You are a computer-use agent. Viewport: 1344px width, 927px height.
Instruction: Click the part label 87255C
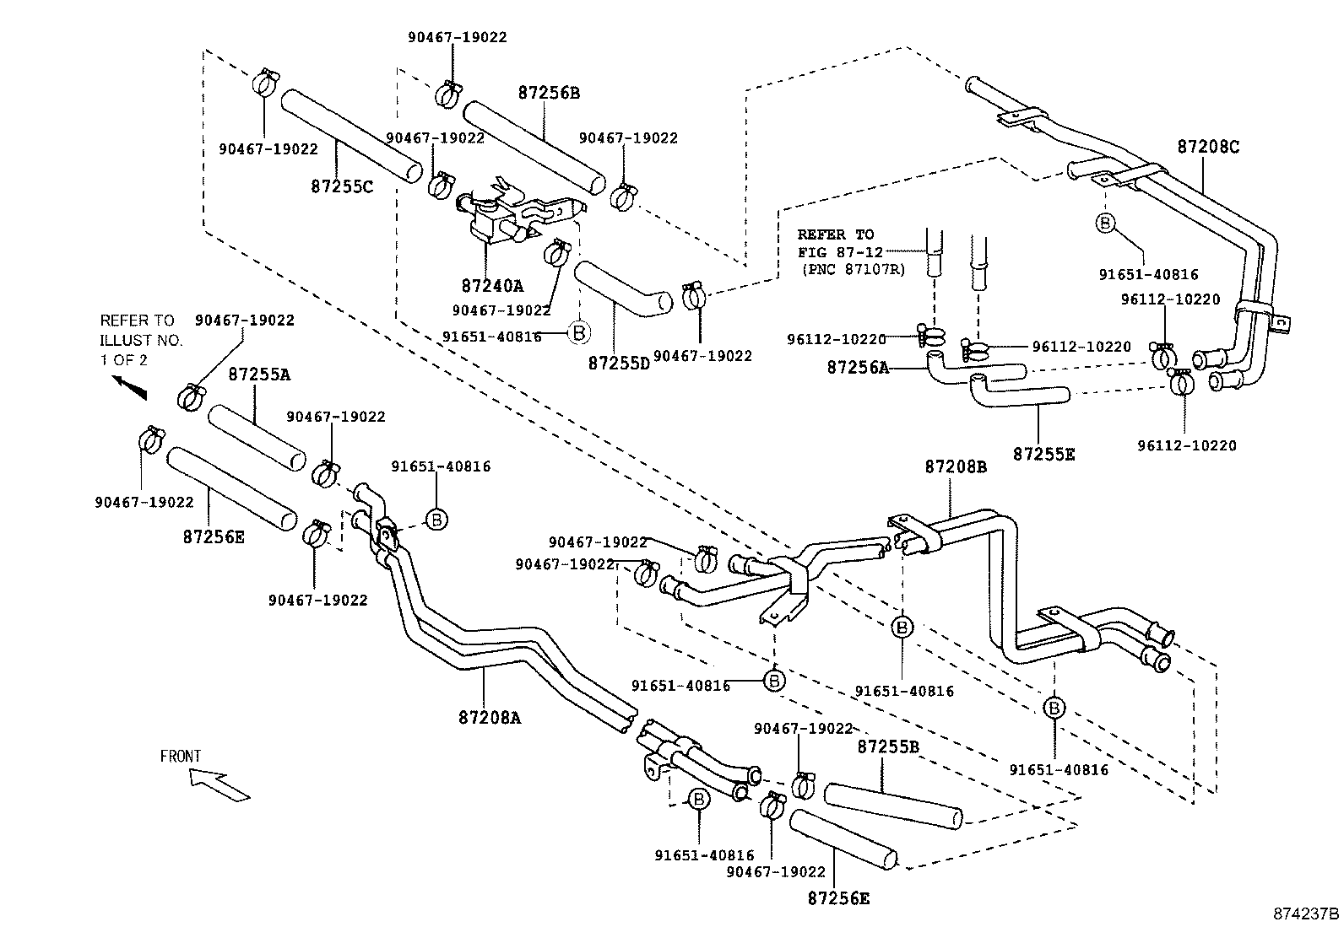point(341,186)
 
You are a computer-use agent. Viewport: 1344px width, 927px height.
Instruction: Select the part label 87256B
point(549,93)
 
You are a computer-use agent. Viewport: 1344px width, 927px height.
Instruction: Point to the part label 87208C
point(1208,146)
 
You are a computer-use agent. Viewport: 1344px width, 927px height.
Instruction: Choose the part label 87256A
point(858,367)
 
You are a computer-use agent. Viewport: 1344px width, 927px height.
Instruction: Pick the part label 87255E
point(1044,454)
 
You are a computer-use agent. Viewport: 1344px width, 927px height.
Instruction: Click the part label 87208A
point(490,718)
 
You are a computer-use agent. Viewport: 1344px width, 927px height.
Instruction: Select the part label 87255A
point(259,375)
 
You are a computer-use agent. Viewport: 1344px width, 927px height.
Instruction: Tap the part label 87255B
point(888,746)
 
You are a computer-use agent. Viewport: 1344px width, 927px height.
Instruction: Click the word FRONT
point(181,757)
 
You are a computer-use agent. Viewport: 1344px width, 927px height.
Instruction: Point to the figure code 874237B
point(1307,913)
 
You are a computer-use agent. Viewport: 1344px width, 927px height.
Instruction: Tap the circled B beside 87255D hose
point(578,333)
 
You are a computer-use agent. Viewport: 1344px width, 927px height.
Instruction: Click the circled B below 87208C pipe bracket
point(1105,223)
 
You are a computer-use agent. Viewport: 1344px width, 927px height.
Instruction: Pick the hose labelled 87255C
point(350,136)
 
